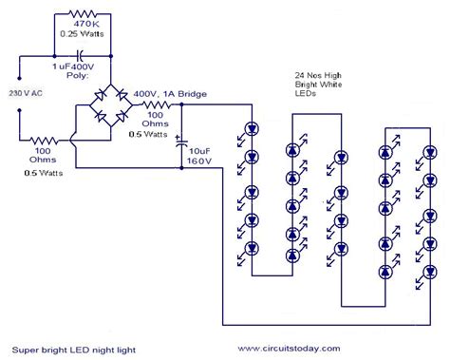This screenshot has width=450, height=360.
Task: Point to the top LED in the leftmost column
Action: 252,127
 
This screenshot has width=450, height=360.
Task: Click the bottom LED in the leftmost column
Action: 252,249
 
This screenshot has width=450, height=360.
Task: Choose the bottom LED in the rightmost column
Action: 423,279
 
